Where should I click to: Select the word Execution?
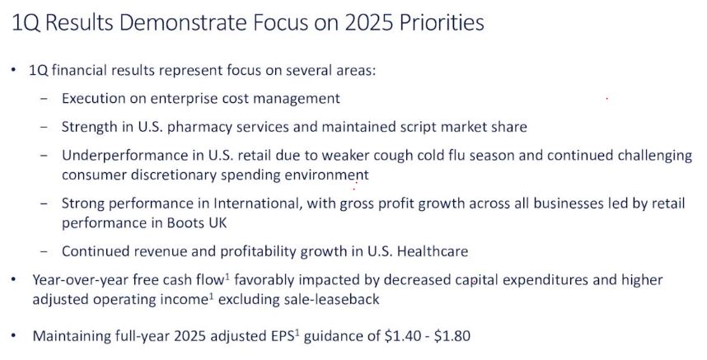94,98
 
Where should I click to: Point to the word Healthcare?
433,251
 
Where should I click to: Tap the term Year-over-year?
81,280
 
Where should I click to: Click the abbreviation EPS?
283,336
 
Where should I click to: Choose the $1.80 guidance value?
452,336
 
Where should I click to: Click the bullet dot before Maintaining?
13,335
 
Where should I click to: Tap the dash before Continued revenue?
44,251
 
